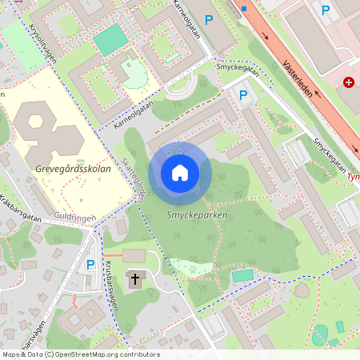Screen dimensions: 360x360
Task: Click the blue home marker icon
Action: [x=180, y=172]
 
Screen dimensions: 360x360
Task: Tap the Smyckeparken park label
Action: [x=197, y=216]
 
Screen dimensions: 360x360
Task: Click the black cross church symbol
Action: [x=134, y=279]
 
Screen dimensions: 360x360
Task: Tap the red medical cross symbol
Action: [x=349, y=82]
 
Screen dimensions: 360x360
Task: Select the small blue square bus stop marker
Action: [x=243, y=8]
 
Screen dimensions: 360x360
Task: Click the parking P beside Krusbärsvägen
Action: [x=90, y=264]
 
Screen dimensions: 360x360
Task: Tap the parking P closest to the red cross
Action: [x=325, y=10]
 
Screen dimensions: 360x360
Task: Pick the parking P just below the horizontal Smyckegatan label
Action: [x=243, y=95]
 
